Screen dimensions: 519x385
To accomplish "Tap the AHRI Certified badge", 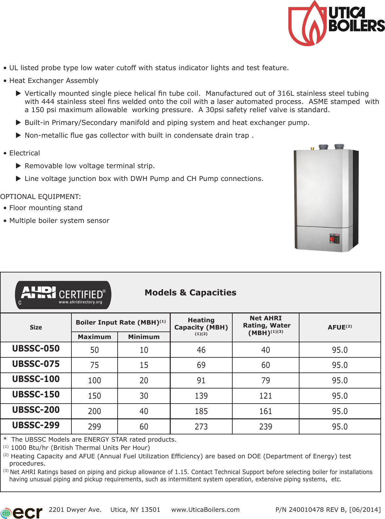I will [63, 295].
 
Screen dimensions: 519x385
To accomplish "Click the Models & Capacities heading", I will [190, 292].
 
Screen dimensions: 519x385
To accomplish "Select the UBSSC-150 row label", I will [36, 394].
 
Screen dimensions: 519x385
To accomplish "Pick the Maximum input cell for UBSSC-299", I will [94, 427].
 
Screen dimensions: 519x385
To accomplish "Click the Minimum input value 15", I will [144, 365].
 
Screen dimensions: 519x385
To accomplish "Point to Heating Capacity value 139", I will [201, 396].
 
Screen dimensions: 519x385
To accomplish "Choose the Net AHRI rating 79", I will [266, 380].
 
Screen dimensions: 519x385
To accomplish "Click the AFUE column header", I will [339, 327].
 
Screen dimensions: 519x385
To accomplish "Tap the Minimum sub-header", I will [144, 337].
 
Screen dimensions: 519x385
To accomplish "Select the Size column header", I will [36, 327].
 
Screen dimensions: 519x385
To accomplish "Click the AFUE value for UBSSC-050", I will [339, 350].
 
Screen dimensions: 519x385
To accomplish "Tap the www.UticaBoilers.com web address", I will [205, 509].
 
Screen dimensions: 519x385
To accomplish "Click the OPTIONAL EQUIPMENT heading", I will [40, 197].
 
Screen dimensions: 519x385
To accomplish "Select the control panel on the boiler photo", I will [334, 239].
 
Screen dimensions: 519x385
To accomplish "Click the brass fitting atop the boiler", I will [312, 148].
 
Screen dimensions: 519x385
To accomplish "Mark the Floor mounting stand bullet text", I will [46, 208].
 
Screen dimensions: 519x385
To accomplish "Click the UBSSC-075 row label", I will [36, 364].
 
